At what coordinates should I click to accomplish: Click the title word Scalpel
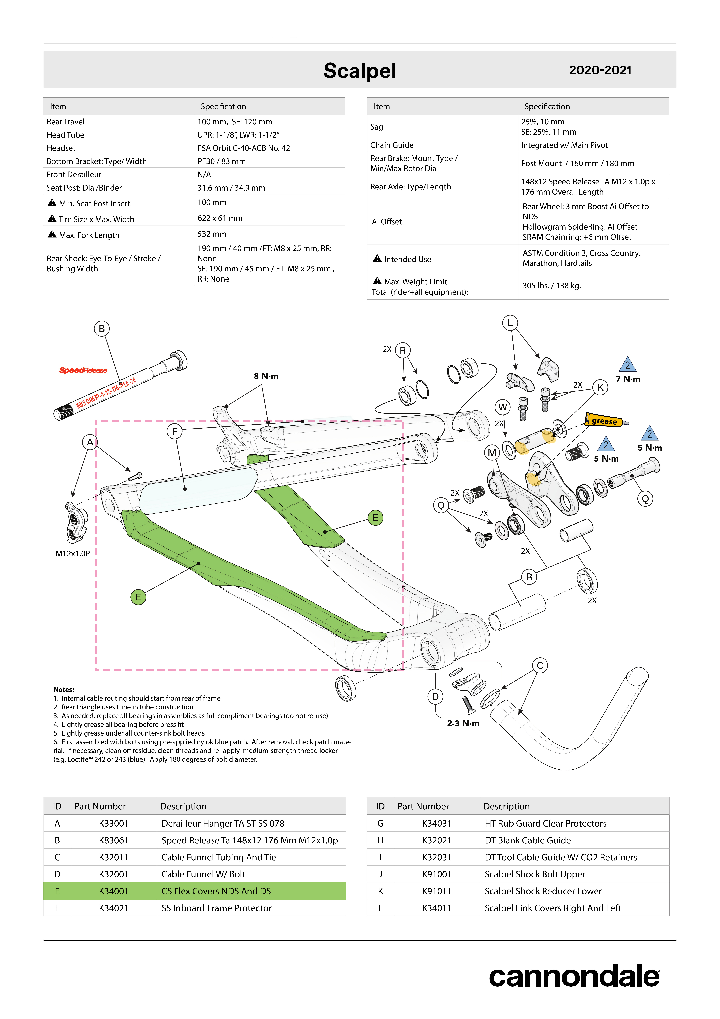(x=360, y=71)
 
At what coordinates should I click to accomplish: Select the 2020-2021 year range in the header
(x=600, y=70)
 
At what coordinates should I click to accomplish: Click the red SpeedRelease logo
(x=83, y=370)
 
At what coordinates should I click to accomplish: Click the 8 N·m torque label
(x=266, y=376)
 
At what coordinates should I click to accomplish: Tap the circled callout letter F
(x=175, y=431)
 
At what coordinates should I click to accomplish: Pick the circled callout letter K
(x=600, y=387)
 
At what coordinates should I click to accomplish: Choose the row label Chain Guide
(x=392, y=145)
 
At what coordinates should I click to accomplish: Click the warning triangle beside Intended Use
(x=377, y=258)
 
